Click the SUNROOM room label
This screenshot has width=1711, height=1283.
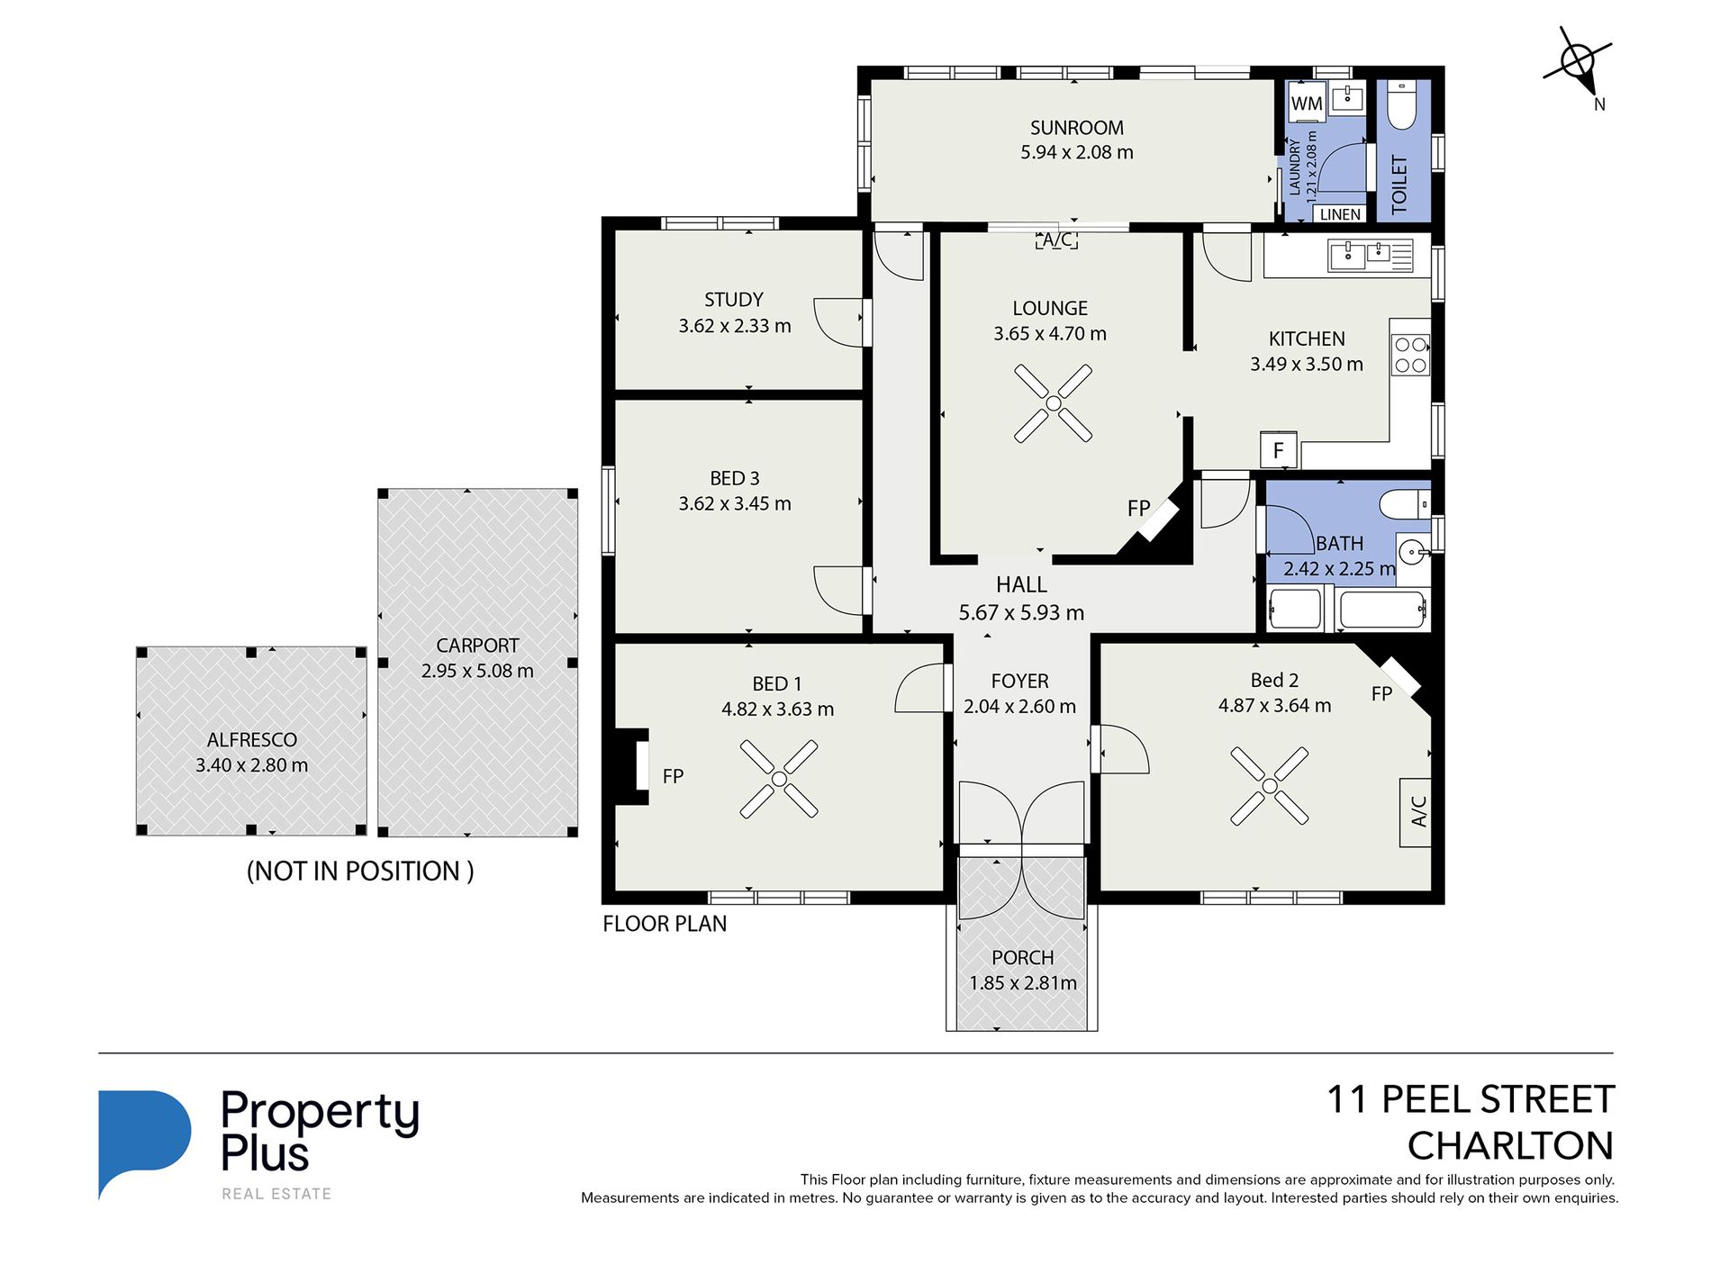1076,128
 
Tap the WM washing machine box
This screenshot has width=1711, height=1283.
1307,104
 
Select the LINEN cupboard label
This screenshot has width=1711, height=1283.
1340,214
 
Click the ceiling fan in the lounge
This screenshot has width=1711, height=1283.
1053,403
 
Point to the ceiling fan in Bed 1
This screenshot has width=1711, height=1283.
779,779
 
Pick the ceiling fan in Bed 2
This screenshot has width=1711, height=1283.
1269,786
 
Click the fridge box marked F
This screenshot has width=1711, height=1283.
1278,449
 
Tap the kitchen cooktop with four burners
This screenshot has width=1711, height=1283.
1410,355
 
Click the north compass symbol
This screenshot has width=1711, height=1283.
1578,63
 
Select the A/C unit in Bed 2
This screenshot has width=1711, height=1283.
1417,812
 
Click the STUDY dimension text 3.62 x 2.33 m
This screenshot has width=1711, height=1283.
735,326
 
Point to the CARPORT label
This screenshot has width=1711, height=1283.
477,646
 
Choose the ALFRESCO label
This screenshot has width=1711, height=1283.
252,740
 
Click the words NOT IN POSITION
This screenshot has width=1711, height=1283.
360,871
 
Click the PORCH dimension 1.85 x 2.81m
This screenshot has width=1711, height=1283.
1023,983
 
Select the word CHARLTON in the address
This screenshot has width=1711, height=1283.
1510,1146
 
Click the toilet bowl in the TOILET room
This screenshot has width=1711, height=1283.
1402,105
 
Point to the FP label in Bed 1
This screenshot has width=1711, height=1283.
673,776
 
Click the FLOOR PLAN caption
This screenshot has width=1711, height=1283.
665,924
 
